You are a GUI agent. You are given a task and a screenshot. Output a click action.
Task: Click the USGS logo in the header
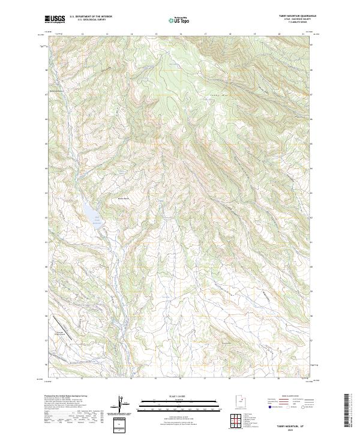pyautogui.click(x=55, y=19)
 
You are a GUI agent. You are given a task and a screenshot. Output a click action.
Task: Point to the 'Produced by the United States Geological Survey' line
pyautogui.click(x=66, y=397)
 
